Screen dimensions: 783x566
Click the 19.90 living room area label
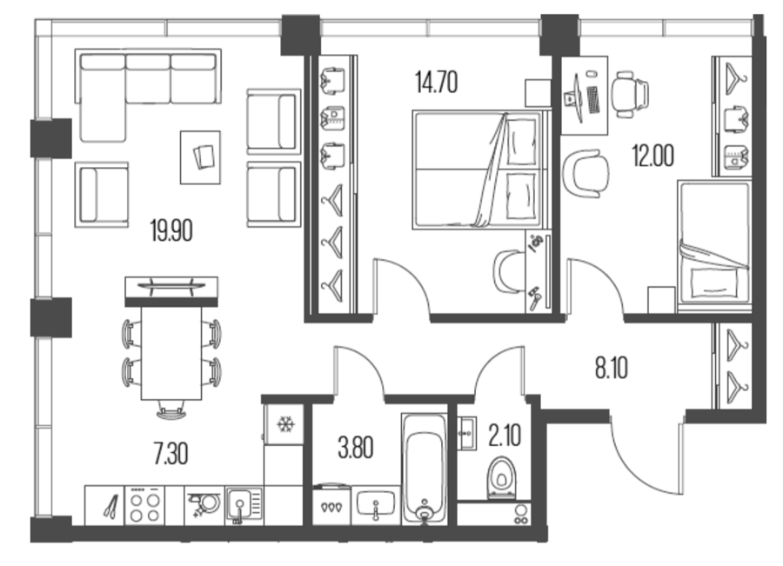click(171, 231)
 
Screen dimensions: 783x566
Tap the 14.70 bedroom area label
click(437, 83)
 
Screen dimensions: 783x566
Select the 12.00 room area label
click(653, 156)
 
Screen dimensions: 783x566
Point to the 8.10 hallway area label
click(612, 369)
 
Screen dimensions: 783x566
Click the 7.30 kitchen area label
click(171, 455)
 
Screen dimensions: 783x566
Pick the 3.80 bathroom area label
click(356, 448)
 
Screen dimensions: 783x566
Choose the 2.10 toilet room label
click(505, 436)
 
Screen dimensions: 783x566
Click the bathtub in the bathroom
click(425, 468)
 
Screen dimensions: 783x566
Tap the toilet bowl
click(502, 477)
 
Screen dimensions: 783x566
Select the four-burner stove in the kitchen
click(144, 505)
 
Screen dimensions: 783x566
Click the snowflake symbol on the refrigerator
click(285, 425)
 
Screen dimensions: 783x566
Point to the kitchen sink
click(244, 505)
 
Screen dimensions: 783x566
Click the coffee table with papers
click(200, 157)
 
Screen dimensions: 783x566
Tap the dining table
click(171, 353)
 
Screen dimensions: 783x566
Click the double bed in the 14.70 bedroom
click(478, 170)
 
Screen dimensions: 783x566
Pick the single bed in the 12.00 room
click(714, 243)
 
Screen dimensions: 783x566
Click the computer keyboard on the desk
click(593, 100)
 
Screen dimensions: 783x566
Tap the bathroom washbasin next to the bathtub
click(376, 505)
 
